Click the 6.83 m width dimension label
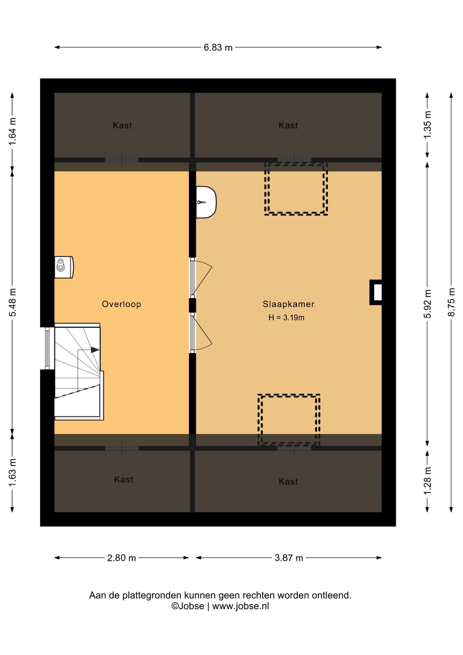pyautogui.click(x=218, y=47)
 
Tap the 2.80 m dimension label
pyautogui.click(x=121, y=558)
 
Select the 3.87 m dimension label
pyautogui.click(x=289, y=558)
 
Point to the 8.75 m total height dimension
pyautogui.click(x=451, y=302)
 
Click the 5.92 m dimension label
pyautogui.click(x=427, y=304)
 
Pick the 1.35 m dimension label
pyautogui.click(x=427, y=125)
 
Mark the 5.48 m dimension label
pyautogui.click(x=12, y=302)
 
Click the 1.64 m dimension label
pyautogui.click(x=12, y=131)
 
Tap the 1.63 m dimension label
pyautogui.click(x=12, y=473)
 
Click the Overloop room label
pyautogui.click(x=121, y=304)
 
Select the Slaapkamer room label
pyautogui.click(x=288, y=304)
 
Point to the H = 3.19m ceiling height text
pyautogui.click(x=286, y=318)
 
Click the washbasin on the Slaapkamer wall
pyautogui.click(x=206, y=202)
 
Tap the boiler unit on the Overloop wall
pyautogui.click(x=64, y=267)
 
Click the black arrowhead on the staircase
pyautogui.click(x=95, y=350)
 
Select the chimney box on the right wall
pyautogui.click(x=376, y=292)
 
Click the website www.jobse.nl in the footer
pyautogui.click(x=241, y=606)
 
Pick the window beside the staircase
pyautogui.click(x=47, y=348)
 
